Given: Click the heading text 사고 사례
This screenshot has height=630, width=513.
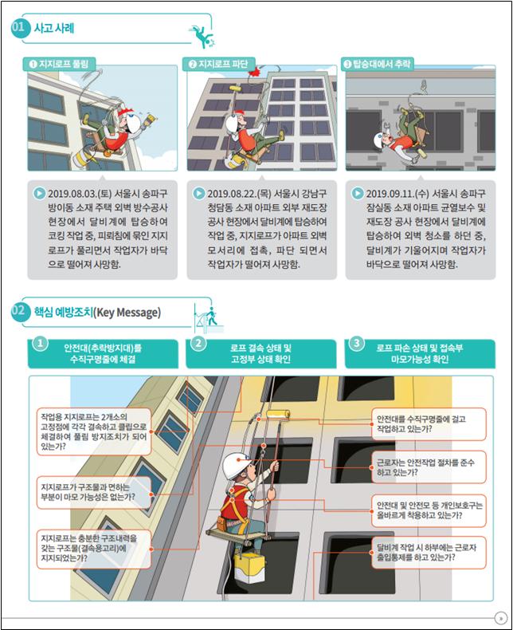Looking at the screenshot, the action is (x=54, y=28).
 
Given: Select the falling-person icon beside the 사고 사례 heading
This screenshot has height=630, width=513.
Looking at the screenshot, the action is (x=203, y=37).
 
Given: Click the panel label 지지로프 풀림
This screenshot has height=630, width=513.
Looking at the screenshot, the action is (x=59, y=64).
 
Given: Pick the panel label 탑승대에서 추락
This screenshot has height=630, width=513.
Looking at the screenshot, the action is (x=378, y=64).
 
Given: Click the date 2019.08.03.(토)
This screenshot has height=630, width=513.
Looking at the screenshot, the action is (x=80, y=194).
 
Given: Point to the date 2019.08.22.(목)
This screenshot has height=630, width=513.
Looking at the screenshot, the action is (x=239, y=194).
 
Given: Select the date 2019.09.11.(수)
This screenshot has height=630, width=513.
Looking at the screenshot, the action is (x=397, y=194).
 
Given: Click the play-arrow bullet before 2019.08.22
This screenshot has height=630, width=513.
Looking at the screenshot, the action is (x=198, y=193).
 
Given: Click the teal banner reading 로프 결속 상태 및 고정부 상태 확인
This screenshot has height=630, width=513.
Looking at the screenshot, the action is (x=261, y=353).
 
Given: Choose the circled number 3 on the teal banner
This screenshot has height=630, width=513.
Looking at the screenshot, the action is (x=356, y=344).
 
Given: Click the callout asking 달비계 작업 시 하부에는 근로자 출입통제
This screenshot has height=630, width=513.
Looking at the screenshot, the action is (x=429, y=553).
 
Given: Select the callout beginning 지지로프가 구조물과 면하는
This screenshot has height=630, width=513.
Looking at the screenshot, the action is (x=94, y=492).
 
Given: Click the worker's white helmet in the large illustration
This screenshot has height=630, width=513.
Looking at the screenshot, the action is (x=236, y=465).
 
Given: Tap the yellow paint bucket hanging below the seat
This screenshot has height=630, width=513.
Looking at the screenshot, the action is (x=249, y=567).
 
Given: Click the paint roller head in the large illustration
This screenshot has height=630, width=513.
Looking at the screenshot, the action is (x=278, y=415).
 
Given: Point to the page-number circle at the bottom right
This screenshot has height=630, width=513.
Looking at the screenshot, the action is (x=500, y=617).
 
